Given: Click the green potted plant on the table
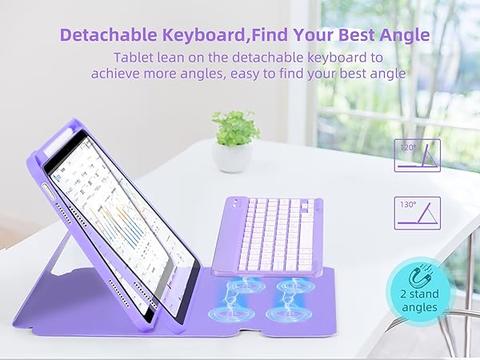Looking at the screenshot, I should tap(234, 128).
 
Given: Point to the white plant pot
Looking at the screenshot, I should tap(233, 156).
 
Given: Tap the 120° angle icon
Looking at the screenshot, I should tap(418, 155).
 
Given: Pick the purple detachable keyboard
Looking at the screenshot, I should tap(268, 236).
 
